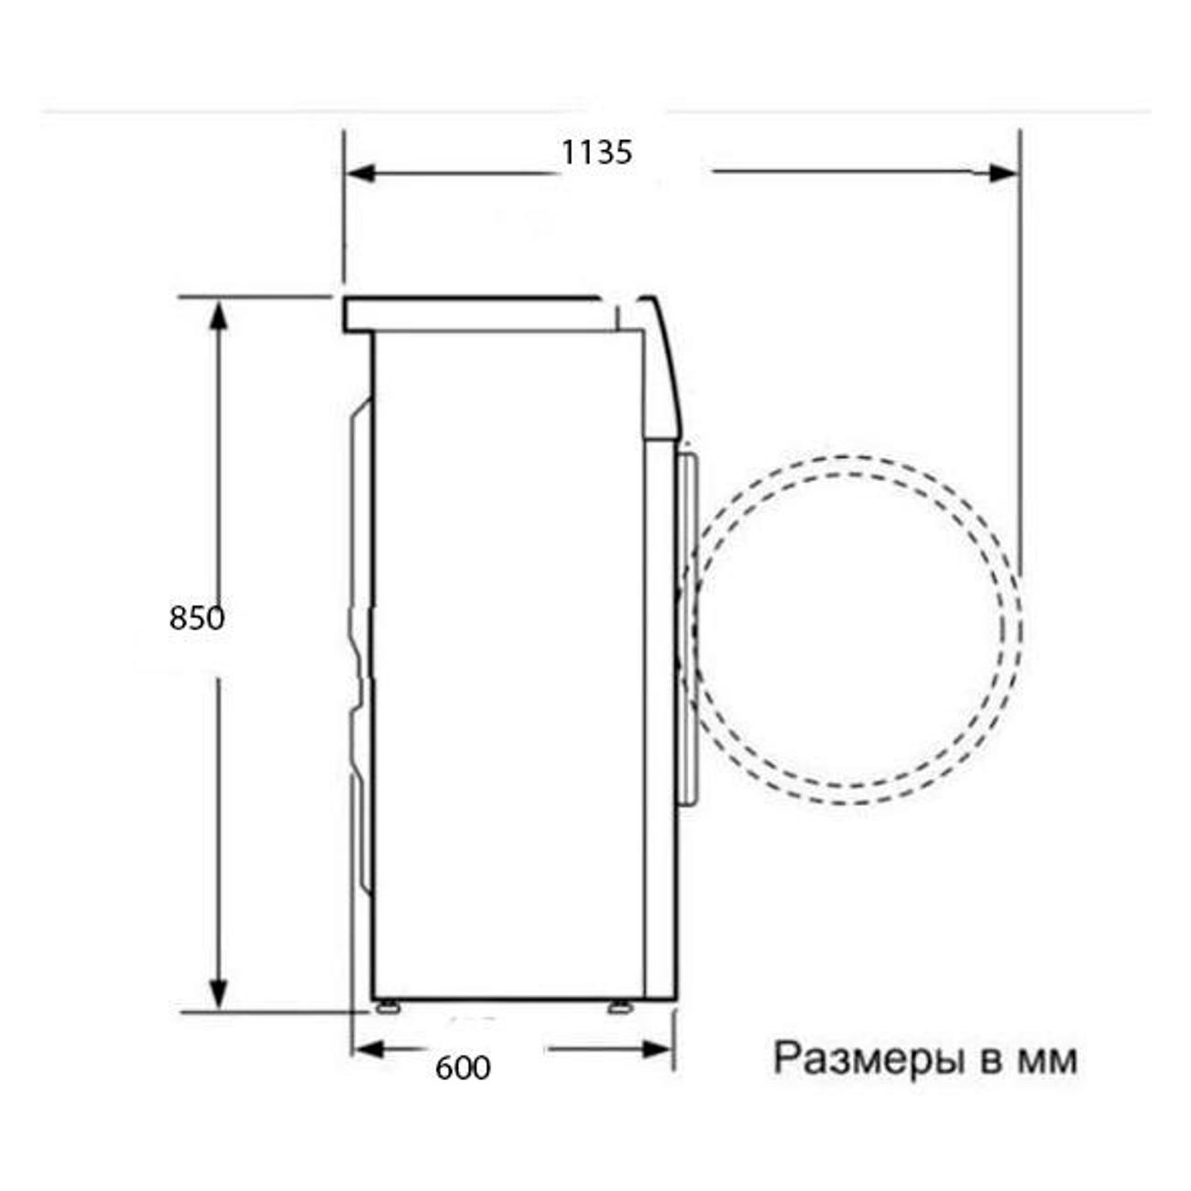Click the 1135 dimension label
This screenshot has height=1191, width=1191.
coord(596,152)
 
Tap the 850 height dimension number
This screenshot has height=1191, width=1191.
coord(197,617)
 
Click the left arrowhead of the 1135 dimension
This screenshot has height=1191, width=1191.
coord(361,174)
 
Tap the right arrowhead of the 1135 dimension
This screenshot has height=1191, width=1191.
coord(1002,174)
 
